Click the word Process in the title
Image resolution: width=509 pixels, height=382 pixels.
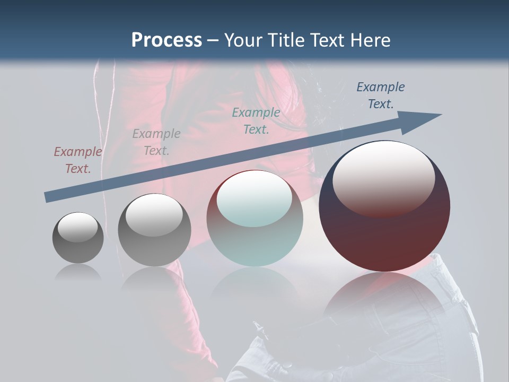click(x=166, y=40)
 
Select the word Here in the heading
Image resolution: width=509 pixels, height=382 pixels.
click(x=371, y=40)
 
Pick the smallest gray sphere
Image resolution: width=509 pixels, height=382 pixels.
click(x=78, y=238)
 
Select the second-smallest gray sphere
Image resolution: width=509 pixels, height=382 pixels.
click(x=154, y=230)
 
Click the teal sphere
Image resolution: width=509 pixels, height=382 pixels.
click(x=255, y=219)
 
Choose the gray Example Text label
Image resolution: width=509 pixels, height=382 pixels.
click(x=156, y=142)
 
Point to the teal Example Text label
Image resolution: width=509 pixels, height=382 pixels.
click(x=256, y=121)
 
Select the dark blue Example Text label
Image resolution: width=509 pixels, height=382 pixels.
click(x=381, y=95)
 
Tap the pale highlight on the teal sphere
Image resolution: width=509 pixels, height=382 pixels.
click(x=254, y=198)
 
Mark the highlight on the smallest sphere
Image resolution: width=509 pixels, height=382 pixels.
click(x=78, y=227)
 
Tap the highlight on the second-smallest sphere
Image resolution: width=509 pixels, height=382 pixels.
click(x=154, y=214)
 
